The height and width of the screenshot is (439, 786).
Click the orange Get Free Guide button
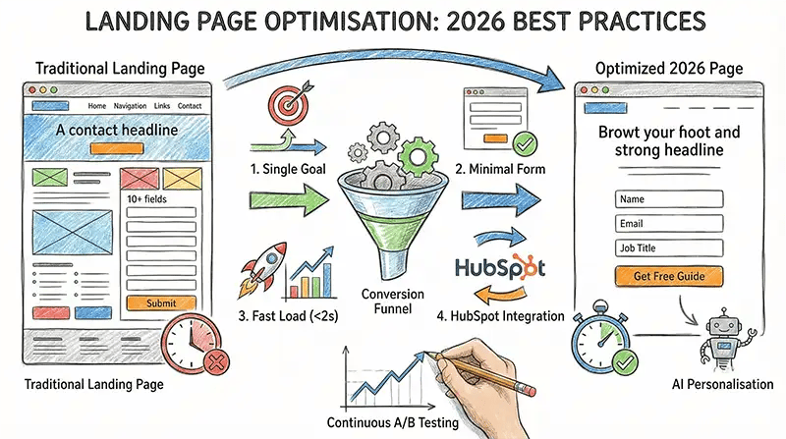[x=669, y=276]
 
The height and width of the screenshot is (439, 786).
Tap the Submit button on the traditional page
[x=161, y=303]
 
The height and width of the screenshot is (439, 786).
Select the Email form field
[x=669, y=223]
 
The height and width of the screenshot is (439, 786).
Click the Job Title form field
[x=669, y=247]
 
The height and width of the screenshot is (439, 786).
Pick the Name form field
[x=669, y=198]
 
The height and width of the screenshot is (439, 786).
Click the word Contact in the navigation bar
[x=190, y=105]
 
